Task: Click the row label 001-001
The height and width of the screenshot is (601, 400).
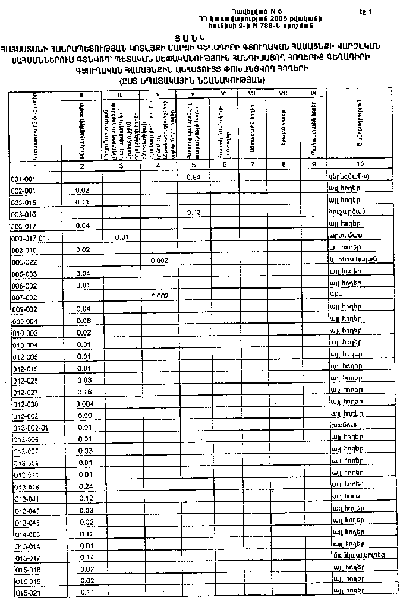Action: [24, 178]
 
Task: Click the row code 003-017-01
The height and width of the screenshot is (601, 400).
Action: [29, 238]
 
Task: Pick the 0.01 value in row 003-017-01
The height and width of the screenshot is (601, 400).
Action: [121, 238]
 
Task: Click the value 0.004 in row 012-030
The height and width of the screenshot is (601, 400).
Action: [84, 404]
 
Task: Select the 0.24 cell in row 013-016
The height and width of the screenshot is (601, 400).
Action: [84, 485]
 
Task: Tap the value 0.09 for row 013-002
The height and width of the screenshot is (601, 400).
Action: [84, 416]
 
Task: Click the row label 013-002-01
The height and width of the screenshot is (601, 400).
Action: [29, 428]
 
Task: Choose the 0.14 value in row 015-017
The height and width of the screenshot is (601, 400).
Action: [85, 557]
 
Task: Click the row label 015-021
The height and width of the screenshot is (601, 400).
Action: [26, 592]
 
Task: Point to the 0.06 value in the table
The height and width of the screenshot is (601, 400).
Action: [84, 320]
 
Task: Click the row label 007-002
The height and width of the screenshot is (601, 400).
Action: [24, 296]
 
